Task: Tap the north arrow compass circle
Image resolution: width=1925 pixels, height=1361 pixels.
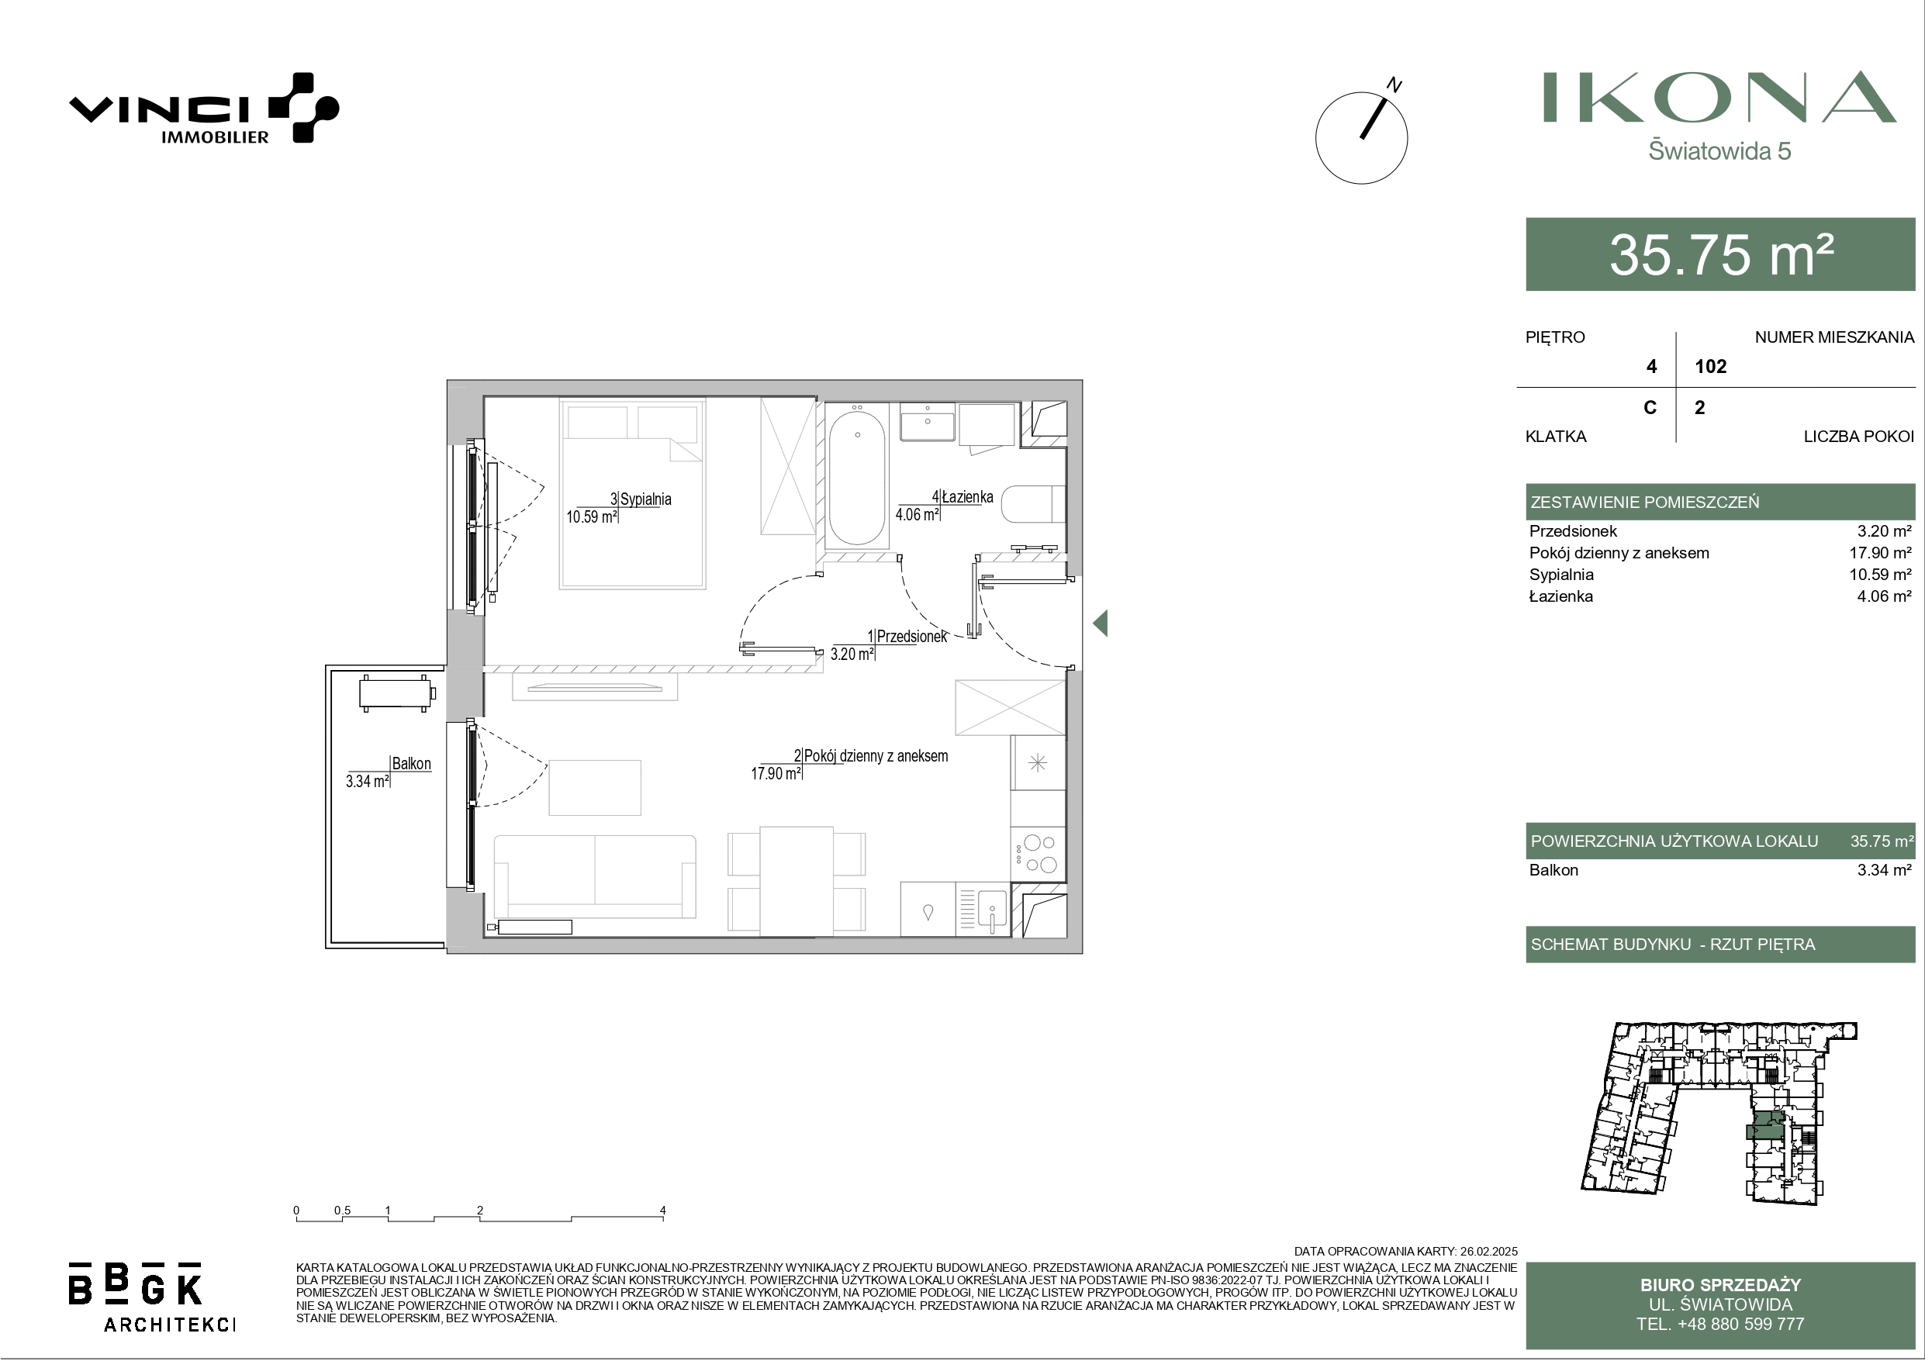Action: (x=1362, y=138)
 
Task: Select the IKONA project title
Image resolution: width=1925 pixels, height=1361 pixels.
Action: (x=1719, y=97)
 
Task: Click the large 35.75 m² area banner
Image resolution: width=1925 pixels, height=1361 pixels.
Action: (x=1720, y=254)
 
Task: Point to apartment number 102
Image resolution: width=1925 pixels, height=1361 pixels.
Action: (x=1710, y=367)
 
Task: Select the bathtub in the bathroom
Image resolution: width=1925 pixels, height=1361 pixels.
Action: (x=857, y=474)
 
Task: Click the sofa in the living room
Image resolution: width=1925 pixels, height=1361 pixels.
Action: (x=594, y=876)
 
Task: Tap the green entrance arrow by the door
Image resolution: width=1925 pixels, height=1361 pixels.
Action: (x=1100, y=623)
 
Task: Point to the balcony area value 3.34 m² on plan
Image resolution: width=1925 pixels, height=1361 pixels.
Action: (x=367, y=782)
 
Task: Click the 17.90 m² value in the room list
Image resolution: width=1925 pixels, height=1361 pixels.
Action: (x=1881, y=553)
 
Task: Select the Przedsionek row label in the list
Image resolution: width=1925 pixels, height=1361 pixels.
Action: (x=1573, y=530)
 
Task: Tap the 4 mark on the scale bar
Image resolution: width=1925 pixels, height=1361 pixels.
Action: (x=662, y=1210)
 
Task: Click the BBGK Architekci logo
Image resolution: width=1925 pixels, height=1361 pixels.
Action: (x=151, y=1296)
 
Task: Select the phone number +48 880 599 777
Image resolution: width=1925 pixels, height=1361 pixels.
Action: (x=1720, y=1324)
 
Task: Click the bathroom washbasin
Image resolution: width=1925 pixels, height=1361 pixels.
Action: (x=928, y=422)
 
